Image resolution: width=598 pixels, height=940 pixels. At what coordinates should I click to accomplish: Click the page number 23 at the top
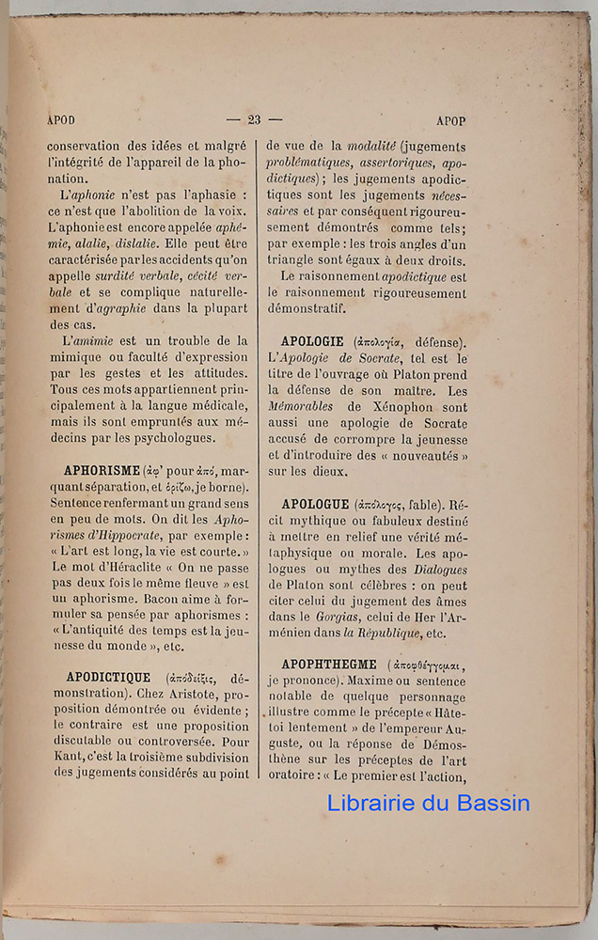254,120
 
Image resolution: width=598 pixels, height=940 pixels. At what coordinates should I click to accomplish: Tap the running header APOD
61,120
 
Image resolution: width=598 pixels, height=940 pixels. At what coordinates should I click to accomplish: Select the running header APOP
451,121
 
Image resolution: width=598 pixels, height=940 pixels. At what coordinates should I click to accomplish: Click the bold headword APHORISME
102,469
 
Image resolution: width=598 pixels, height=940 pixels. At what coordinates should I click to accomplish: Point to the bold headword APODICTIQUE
108,676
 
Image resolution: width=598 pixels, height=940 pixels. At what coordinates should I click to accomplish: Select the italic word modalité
371,146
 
